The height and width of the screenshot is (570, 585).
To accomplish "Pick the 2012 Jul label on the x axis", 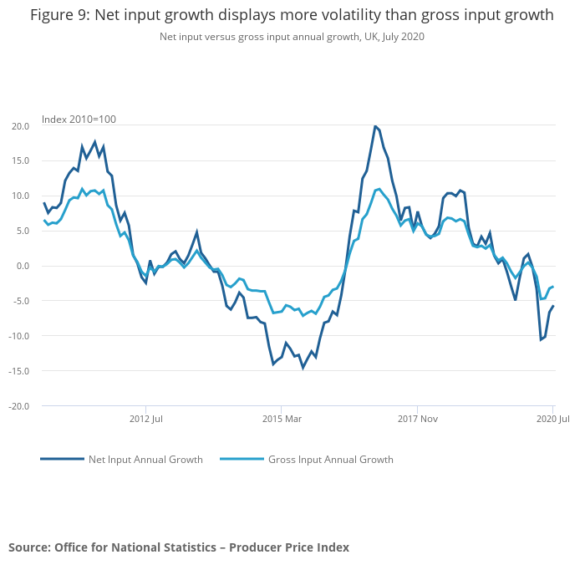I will [146, 418].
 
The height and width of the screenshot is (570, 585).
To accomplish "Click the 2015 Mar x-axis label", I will [282, 418].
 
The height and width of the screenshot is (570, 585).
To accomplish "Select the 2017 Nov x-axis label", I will [418, 418].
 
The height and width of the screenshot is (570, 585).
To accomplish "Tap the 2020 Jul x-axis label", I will [552, 418].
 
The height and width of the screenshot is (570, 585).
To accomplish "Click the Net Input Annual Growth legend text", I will [145, 460].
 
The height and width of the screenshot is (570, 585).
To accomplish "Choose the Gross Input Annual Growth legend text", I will [330, 460].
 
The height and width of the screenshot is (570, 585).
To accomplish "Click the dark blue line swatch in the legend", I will [62, 460].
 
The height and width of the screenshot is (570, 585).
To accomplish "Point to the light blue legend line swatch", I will [241, 460].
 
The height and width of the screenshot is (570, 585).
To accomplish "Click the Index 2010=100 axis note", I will [79, 120].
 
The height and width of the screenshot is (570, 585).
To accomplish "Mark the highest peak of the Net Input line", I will [375, 126].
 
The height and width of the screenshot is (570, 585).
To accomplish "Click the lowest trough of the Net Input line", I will [303, 368].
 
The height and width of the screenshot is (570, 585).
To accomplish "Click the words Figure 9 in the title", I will [57, 15].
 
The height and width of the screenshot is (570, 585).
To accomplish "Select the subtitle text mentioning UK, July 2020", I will [292, 37].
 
